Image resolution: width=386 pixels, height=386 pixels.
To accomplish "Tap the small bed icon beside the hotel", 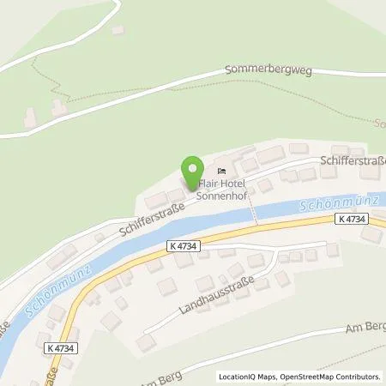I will point(221,168).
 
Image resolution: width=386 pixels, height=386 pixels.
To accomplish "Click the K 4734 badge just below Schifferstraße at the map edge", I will point(353,220).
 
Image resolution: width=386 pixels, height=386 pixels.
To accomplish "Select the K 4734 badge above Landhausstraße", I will point(185,245).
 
